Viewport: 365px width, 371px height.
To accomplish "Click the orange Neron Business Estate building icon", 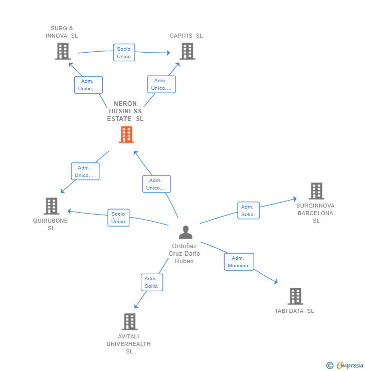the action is click(x=126, y=134).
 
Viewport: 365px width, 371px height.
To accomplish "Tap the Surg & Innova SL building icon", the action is click(x=63, y=51).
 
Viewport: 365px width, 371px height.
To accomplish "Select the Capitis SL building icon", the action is click(x=187, y=51).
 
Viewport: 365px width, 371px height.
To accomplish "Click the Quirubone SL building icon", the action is click(x=51, y=206).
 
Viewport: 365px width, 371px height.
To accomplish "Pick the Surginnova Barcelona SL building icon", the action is click(x=316, y=191).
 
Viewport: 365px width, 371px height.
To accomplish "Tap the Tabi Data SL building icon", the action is click(x=295, y=296).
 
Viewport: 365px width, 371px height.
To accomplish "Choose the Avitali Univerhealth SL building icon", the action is click(x=129, y=321).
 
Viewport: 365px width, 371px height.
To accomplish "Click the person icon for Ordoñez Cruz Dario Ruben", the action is click(x=186, y=232).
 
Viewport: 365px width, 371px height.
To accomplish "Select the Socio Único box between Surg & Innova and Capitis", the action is click(x=124, y=53).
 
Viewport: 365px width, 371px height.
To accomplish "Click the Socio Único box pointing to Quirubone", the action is click(x=118, y=218).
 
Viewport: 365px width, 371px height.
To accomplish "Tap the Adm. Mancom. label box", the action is click(x=239, y=262).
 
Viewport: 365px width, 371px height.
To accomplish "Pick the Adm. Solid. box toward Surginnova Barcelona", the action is click(x=248, y=211).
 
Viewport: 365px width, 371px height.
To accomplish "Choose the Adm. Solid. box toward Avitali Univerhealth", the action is click(x=151, y=282).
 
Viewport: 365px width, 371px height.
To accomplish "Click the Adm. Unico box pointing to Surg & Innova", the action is click(x=88, y=85).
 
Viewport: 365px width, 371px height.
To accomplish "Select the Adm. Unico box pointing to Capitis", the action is click(x=161, y=84).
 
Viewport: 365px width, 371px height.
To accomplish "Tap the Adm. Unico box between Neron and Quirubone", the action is click(x=85, y=171).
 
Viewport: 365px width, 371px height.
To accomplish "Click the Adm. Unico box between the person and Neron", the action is click(x=156, y=184).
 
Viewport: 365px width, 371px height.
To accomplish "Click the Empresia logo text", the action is click(x=349, y=365).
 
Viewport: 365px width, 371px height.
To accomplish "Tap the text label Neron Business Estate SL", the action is click(x=125, y=111).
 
